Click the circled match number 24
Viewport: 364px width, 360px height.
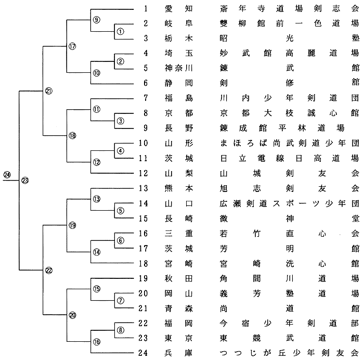pos(7,174)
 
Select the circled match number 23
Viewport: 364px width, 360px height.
pos(25,181)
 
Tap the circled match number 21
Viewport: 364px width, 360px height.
pos(48,92)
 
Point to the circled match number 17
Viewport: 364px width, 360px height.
pos(72,46)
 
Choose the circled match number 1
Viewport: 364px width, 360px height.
pos(120,31)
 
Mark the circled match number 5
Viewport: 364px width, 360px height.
pos(120,210)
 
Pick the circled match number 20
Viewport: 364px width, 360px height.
pos(72,314)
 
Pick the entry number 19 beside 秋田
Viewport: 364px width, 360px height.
pos(144,277)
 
